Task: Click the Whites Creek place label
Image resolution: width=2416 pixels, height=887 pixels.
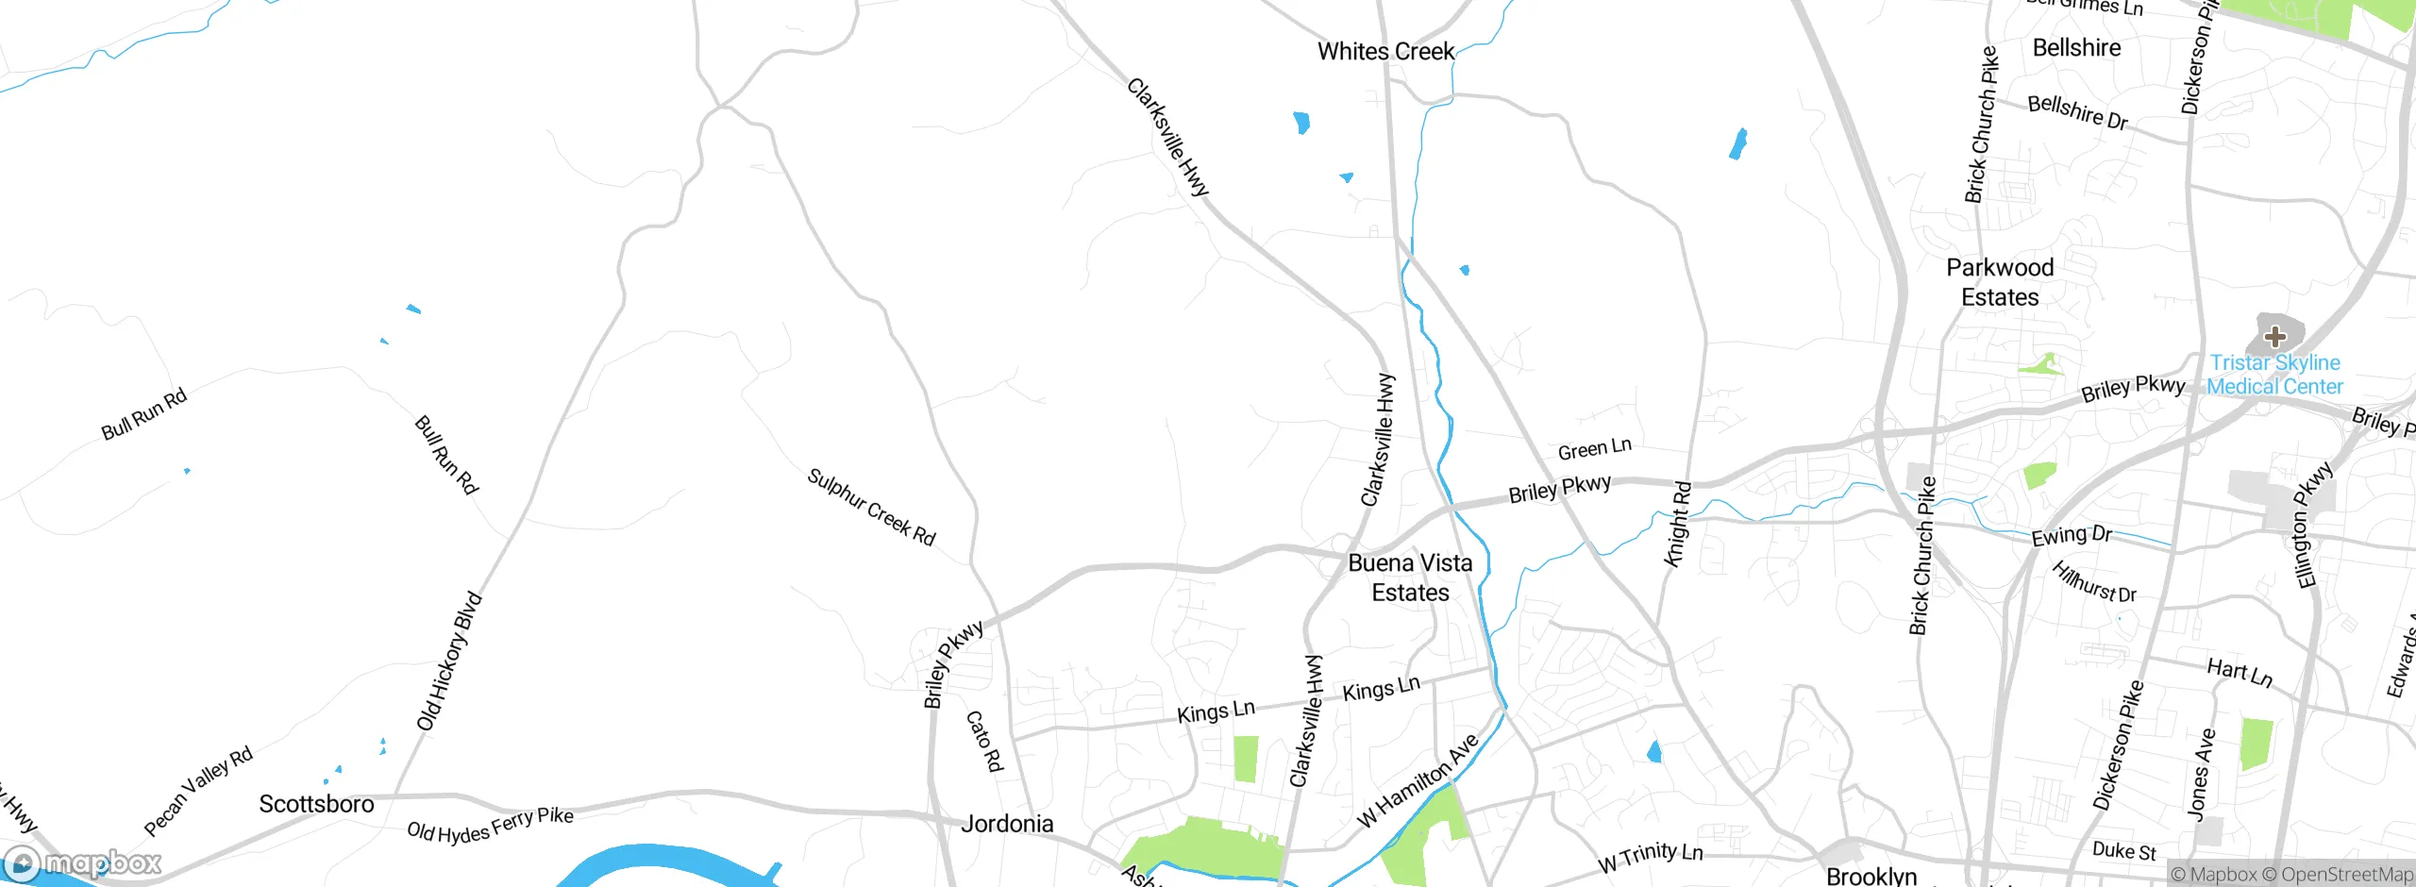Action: click(x=1385, y=52)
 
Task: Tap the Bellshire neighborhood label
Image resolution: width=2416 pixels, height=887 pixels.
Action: click(x=2076, y=48)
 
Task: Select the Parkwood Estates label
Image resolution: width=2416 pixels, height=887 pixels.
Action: click(x=2000, y=282)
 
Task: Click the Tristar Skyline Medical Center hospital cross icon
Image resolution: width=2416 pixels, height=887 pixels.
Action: click(x=2274, y=336)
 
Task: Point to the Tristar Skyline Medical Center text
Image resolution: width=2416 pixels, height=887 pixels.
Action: click(x=2274, y=375)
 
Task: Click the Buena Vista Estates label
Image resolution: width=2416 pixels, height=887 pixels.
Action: click(x=1410, y=577)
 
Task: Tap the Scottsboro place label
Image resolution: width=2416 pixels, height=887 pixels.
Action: click(x=316, y=804)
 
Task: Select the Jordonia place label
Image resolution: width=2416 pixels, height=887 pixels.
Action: click(x=1007, y=824)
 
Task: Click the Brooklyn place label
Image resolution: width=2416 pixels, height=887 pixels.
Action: click(x=1871, y=876)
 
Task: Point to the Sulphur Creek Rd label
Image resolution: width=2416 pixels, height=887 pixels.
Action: click(x=871, y=508)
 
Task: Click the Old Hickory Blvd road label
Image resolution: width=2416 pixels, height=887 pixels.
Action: click(x=449, y=661)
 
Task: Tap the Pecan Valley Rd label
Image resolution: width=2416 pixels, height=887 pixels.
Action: click(x=198, y=791)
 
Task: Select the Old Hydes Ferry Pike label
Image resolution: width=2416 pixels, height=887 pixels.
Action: click(x=490, y=826)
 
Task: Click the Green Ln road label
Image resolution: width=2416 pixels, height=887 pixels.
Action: click(x=1594, y=449)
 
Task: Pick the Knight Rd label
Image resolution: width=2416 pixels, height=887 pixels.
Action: click(x=1677, y=525)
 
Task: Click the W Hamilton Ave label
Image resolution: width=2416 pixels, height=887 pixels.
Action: click(x=1418, y=780)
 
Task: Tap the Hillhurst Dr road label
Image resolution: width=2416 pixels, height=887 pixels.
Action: click(x=2094, y=582)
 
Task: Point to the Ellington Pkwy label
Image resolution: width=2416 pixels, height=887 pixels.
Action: click(x=2313, y=526)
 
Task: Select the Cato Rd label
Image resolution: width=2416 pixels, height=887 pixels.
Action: click(x=983, y=742)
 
